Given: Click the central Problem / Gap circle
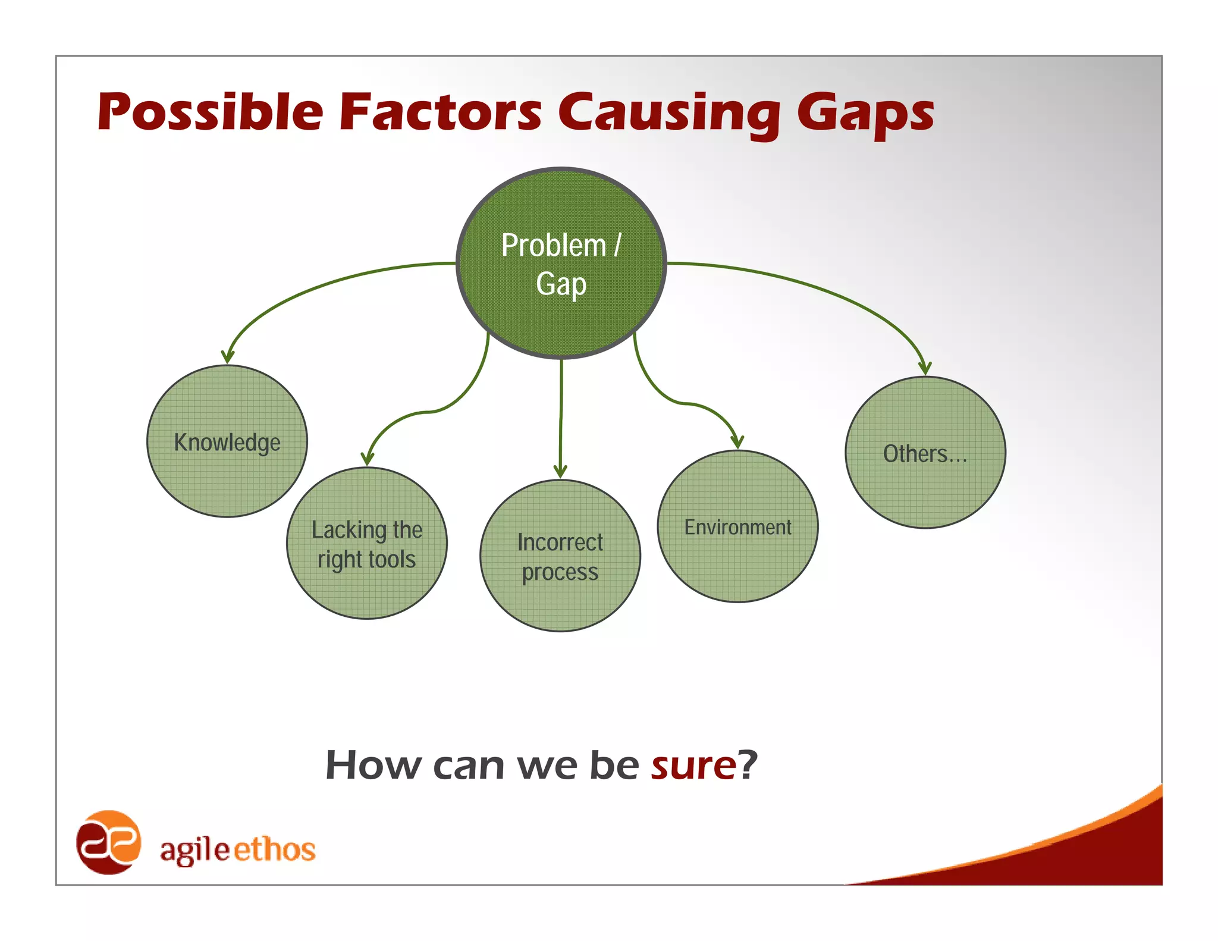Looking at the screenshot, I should (x=561, y=263).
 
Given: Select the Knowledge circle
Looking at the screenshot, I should (x=227, y=441).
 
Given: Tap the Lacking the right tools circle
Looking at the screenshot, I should (x=367, y=543).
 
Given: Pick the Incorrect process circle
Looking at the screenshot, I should (x=560, y=556).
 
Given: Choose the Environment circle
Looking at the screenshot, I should (x=737, y=526).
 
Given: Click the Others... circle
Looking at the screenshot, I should (x=925, y=453).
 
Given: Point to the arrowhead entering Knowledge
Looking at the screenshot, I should (x=227, y=357).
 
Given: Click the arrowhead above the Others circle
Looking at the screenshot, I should (x=924, y=368).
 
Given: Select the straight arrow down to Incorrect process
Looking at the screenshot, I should (x=561, y=416).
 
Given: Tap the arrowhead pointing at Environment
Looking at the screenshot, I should (x=737, y=442).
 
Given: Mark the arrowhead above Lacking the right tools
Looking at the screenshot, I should (x=368, y=458).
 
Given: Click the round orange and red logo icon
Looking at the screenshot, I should (x=108, y=842).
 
